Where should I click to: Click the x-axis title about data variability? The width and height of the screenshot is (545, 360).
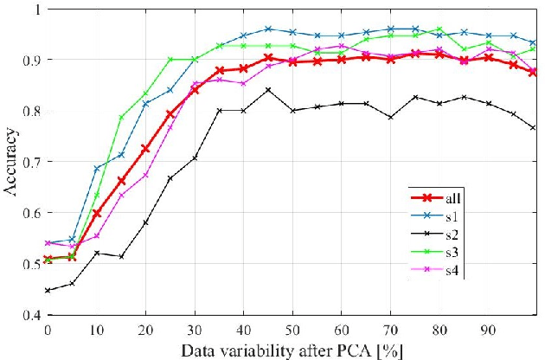pos(293,350)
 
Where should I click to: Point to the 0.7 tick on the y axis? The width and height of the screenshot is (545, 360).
pos(29,162)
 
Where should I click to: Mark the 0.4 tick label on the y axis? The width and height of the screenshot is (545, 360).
pos(29,315)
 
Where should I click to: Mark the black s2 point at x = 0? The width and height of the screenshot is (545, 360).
pos(48,291)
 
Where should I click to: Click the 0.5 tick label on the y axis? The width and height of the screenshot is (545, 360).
pos(29,264)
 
